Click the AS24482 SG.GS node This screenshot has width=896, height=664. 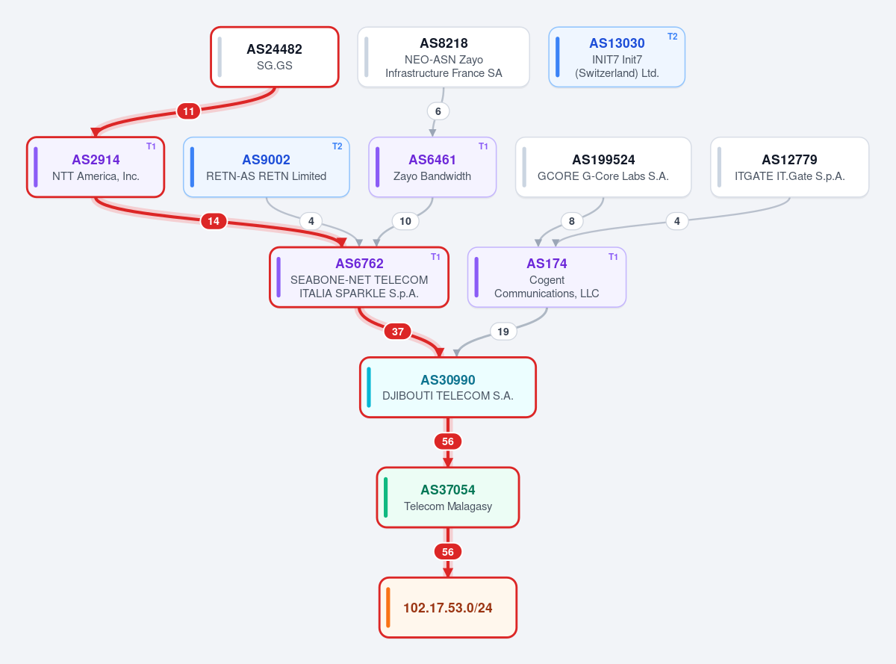point(274,57)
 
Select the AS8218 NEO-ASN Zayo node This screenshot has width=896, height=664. point(444,57)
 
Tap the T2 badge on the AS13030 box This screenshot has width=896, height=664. point(672,37)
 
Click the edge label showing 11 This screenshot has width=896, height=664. point(189,111)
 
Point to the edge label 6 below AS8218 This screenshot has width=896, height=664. point(438,111)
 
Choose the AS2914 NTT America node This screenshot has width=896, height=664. point(96,167)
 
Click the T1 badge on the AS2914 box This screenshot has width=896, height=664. point(151,146)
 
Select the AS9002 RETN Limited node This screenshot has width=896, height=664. point(267,167)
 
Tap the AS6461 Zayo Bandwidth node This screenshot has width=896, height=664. point(432,167)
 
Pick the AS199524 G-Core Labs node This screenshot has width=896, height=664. point(603,167)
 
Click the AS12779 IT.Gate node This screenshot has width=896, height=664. point(789,167)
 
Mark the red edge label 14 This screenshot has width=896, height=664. point(214,221)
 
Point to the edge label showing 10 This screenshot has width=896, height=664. point(405,221)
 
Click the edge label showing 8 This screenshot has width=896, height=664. point(572,221)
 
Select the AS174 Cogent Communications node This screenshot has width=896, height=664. point(547,277)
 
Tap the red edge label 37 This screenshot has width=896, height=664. point(398,332)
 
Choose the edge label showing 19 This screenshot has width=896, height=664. point(503,332)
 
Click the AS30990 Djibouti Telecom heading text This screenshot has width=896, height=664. point(448,380)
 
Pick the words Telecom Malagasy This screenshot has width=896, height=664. point(448,506)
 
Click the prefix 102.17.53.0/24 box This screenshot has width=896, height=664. point(448,607)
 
